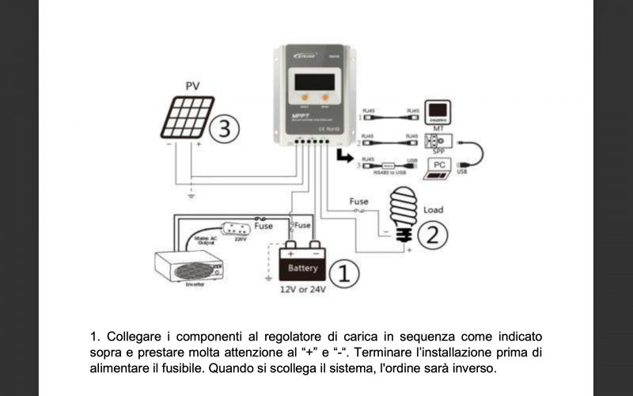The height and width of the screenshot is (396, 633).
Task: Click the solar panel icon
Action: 183,118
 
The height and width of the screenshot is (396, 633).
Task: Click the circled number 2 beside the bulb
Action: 432,234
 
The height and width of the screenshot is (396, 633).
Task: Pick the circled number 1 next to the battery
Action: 343,274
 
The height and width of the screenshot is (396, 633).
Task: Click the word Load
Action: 433,210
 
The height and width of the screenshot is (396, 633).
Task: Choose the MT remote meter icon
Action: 438,110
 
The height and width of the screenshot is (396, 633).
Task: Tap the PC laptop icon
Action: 440,167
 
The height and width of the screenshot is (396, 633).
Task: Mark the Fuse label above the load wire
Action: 358,201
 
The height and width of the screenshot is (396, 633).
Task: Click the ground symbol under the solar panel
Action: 190,193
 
